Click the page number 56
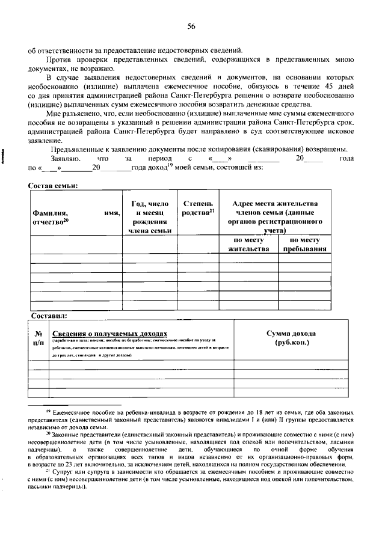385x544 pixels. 192,26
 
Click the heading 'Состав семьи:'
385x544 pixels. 54,186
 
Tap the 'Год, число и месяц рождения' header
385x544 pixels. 150,217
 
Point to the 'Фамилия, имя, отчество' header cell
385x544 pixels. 76,217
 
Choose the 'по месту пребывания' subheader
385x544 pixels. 304,244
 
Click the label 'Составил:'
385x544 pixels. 49,314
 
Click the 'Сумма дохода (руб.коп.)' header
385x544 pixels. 291,338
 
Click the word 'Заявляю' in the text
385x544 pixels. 66,158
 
